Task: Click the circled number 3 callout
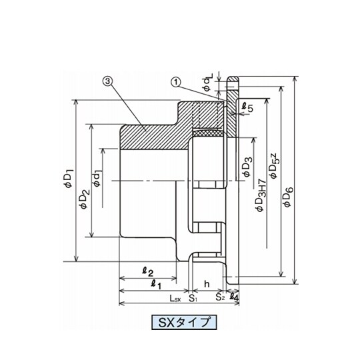108,81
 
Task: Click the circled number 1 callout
176,82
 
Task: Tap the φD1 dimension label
69,179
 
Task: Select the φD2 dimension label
84,199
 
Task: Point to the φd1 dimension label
97,178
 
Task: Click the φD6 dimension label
289,197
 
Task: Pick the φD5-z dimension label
274,166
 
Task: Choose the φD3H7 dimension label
261,195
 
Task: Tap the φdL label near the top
208,82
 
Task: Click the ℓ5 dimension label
248,107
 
